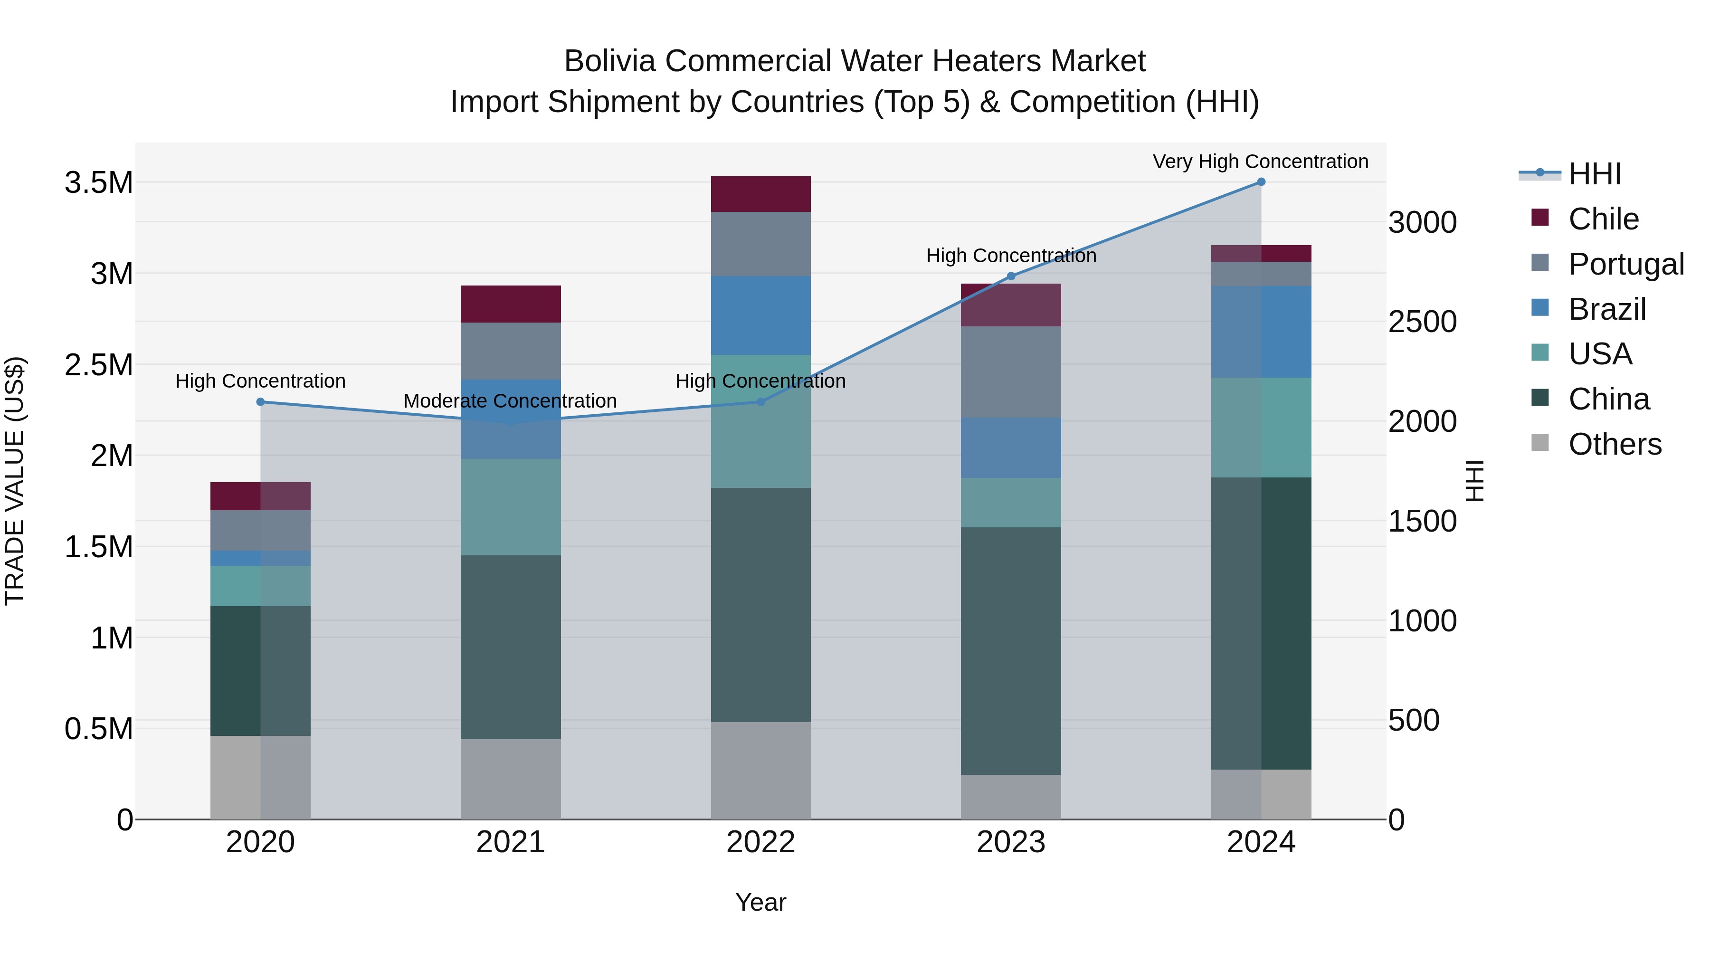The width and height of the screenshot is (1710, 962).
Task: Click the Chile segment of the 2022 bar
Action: click(x=761, y=194)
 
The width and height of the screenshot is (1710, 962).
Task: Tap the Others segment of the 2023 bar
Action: click(x=1010, y=797)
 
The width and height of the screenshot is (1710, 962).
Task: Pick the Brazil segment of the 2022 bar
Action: click(x=761, y=315)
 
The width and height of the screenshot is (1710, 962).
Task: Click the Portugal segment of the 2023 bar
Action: click(x=1010, y=372)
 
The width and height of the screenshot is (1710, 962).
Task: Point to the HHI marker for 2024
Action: click(x=1261, y=182)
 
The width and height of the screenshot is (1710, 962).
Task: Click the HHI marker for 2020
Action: click(x=260, y=401)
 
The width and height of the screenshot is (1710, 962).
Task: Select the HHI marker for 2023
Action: click(x=1010, y=276)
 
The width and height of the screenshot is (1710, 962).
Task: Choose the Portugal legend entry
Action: click(x=1626, y=264)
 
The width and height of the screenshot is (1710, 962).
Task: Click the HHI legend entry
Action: click(x=1595, y=174)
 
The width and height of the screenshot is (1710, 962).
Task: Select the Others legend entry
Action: click(x=1615, y=444)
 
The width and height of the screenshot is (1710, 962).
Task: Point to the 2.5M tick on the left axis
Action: click(x=99, y=364)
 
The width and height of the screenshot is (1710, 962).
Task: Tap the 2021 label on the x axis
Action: click(x=511, y=842)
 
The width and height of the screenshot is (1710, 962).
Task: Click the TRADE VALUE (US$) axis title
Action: click(x=15, y=481)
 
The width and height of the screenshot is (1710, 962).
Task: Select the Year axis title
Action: click(x=761, y=902)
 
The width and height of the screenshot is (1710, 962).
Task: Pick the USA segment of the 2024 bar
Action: click(x=1261, y=427)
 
